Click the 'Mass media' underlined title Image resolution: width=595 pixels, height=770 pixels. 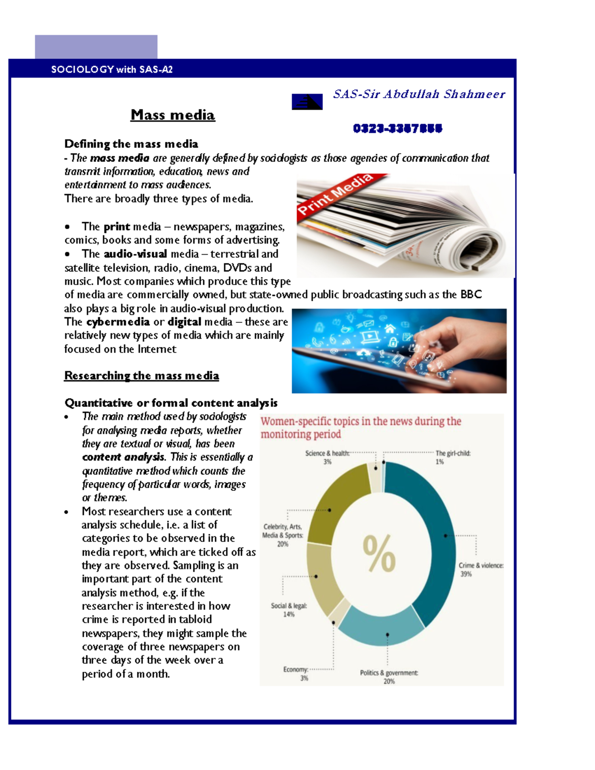click(173, 115)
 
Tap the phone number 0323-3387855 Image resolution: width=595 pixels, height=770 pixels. click(397, 128)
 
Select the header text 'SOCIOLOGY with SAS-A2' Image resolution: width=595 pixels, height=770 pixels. click(112, 69)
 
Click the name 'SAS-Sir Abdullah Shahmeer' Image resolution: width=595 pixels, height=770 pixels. click(419, 94)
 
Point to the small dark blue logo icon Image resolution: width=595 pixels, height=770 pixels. click(307, 102)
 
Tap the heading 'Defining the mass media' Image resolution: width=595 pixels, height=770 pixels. click(131, 144)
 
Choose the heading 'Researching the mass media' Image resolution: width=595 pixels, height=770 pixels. click(141, 376)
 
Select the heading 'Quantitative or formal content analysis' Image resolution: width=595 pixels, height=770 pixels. click(171, 403)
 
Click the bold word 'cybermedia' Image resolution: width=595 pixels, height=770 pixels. click(118, 322)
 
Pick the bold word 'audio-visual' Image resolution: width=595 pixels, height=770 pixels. click(135, 254)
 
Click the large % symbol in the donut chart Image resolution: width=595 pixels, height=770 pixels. click(379, 553)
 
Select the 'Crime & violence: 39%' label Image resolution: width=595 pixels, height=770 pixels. click(480, 569)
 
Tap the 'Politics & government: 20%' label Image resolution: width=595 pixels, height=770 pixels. click(389, 677)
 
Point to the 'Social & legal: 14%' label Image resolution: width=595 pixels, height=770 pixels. click(289, 610)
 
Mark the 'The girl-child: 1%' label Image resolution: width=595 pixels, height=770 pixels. click(452, 457)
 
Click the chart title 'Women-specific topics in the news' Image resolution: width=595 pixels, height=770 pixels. click(360, 427)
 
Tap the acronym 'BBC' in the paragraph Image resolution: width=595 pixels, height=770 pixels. click(471, 295)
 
